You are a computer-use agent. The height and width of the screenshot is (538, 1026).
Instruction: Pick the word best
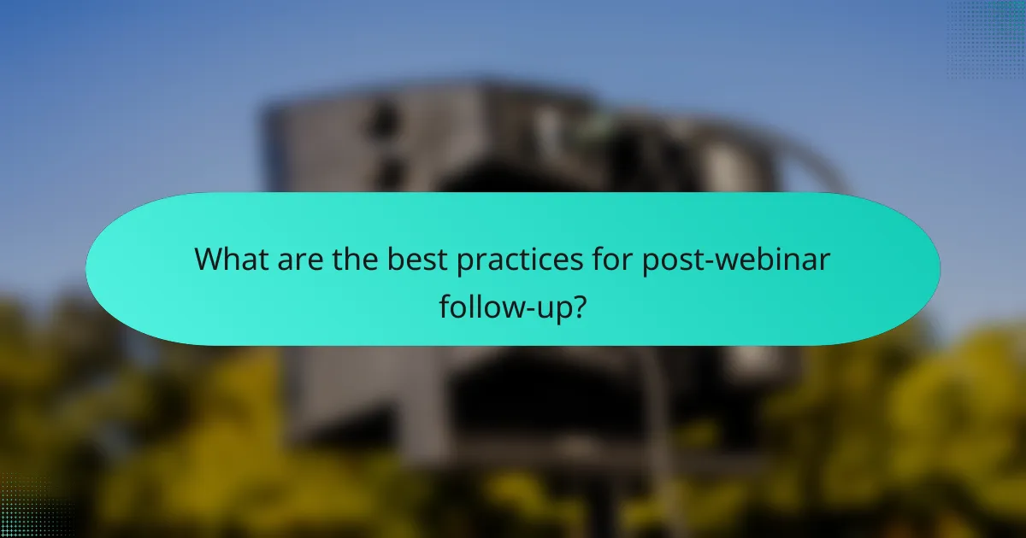[x=415, y=259]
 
